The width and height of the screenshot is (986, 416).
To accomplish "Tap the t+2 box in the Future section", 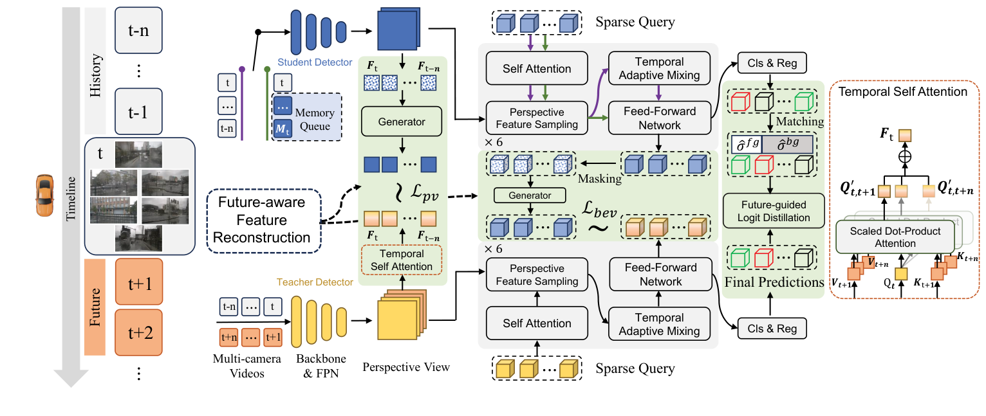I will tap(138, 332).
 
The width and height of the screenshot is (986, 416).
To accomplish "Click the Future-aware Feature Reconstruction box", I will tap(261, 221).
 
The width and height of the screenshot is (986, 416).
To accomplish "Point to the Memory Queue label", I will tap(314, 120).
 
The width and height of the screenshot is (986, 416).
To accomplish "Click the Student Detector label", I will tap(315, 62).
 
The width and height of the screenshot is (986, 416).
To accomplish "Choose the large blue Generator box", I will tap(402, 122).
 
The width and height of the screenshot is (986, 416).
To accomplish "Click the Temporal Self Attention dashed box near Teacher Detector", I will tap(402, 260).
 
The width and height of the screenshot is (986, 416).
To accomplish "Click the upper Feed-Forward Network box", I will tap(658, 118).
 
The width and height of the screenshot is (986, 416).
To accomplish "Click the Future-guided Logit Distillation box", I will tap(773, 211).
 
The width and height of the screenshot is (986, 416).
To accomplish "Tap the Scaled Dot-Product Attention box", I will tap(895, 237).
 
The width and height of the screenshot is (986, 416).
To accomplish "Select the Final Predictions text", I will tap(774, 282).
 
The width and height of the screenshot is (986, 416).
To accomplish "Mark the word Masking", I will tap(599, 179).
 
